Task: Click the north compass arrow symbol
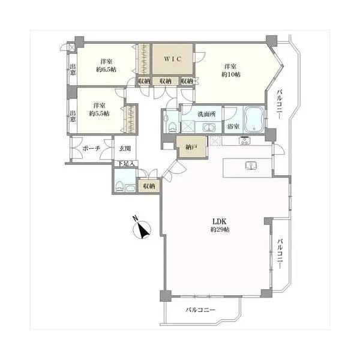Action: point(142,230)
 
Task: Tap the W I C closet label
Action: point(173,59)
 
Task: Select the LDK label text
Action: point(220,221)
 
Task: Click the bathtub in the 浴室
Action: point(254,119)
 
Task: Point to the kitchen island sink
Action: point(251,166)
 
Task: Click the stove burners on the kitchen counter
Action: point(245,140)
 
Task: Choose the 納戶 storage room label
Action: point(191,148)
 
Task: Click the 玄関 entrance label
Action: point(125,149)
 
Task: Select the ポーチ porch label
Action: point(91,148)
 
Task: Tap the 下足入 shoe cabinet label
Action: point(126,163)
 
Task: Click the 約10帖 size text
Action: point(231,74)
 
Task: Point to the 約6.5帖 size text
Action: point(106,70)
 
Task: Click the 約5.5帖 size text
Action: point(99,113)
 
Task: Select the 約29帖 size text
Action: point(220,229)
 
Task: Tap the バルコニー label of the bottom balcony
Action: point(200,310)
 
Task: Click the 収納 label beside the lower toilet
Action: point(149,186)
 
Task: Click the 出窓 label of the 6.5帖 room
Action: point(73,70)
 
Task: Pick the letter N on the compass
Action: point(136,218)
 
